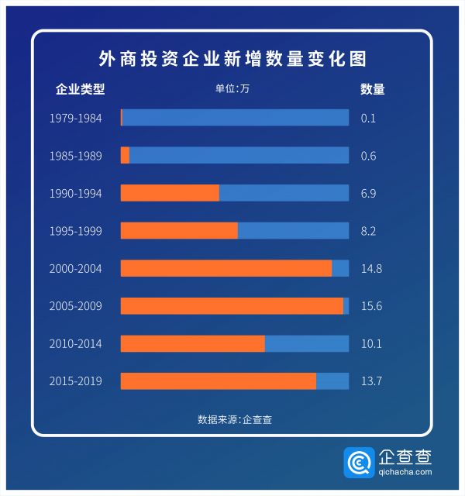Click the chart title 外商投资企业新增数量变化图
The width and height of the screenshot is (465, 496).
click(x=232, y=59)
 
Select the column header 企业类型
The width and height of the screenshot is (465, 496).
click(x=80, y=89)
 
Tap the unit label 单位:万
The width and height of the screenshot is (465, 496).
click(x=232, y=88)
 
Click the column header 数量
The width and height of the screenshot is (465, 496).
click(x=372, y=89)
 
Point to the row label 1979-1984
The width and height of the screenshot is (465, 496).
click(x=75, y=119)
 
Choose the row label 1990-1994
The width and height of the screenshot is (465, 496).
click(x=75, y=193)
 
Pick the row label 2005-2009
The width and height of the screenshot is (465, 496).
click(x=75, y=306)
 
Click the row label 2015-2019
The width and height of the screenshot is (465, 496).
click(x=75, y=381)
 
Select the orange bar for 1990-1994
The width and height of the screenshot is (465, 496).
click(x=170, y=193)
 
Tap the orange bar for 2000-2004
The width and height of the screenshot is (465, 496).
click(x=226, y=268)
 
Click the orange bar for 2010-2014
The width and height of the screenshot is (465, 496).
click(x=192, y=343)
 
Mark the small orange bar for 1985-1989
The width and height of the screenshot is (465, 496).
click(x=125, y=155)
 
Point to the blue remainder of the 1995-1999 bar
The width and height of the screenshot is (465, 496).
click(x=293, y=231)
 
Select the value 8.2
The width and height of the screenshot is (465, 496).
click(x=368, y=231)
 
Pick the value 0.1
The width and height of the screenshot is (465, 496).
click(x=368, y=119)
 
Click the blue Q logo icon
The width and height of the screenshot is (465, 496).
click(x=358, y=463)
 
